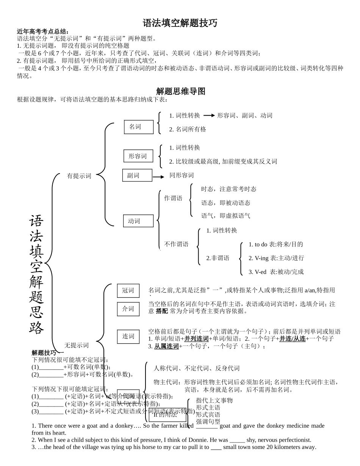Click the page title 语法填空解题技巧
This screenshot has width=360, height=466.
[x=180, y=23]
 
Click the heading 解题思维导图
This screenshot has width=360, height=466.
[x=180, y=91]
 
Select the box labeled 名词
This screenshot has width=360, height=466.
[x=139, y=127]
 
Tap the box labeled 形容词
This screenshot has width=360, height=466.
[x=138, y=156]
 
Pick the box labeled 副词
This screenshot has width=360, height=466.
[x=137, y=175]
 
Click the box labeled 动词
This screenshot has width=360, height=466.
[x=138, y=221]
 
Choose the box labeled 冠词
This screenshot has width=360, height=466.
[x=128, y=291]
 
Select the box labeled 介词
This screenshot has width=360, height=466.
[x=128, y=309]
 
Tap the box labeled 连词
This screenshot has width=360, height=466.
[x=128, y=336]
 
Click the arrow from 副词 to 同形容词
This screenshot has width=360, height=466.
[x=158, y=177]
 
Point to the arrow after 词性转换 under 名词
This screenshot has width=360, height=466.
[x=209, y=116]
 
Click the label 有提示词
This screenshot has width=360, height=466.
[x=79, y=176]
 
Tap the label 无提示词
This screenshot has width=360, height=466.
[x=77, y=345]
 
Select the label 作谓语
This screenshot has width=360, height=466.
[x=173, y=198]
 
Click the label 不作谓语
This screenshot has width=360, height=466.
[x=176, y=244]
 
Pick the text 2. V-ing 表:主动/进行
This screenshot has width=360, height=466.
[x=276, y=258]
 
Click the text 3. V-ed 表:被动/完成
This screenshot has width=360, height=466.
[x=276, y=272]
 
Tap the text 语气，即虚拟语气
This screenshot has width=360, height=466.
[x=225, y=216]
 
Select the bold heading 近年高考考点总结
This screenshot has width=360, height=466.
[x=43, y=31]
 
